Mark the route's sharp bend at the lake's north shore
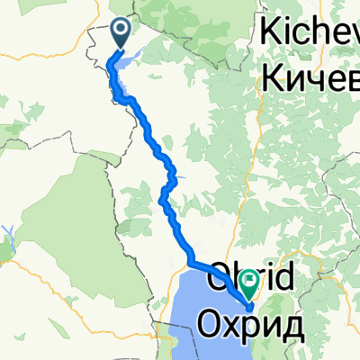[x=191, y=262]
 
